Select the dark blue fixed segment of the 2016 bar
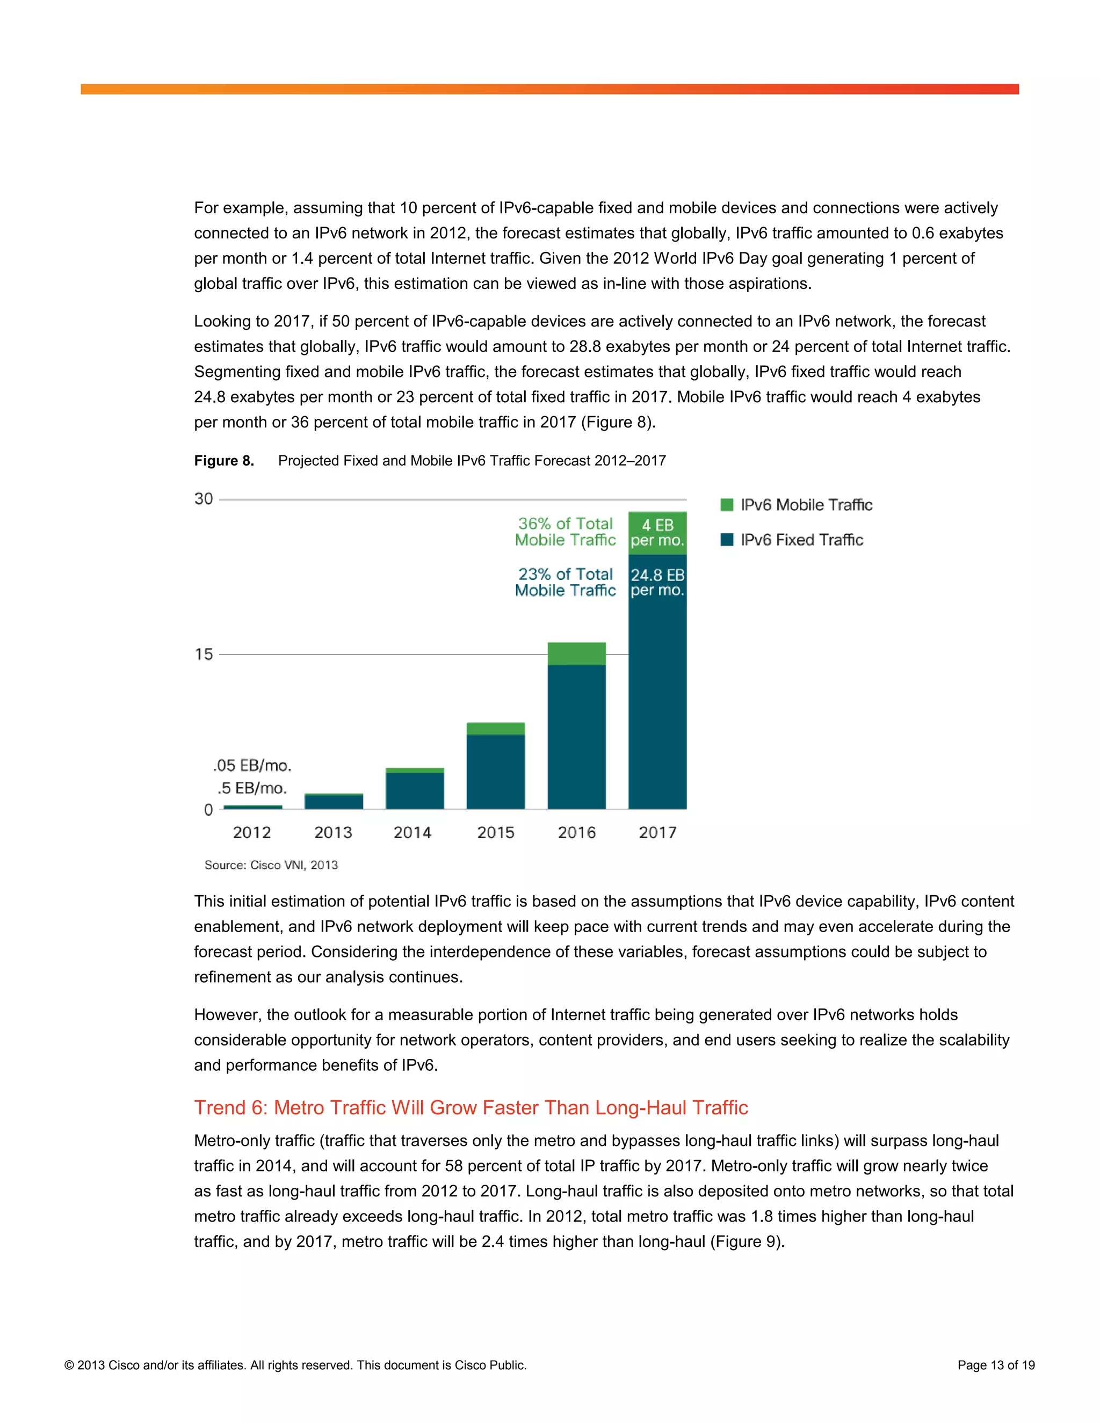click(x=576, y=736)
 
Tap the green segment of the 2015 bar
click(x=495, y=729)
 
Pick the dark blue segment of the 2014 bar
click(x=415, y=790)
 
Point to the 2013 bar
click(x=334, y=801)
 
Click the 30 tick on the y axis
click(x=204, y=499)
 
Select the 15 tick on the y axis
click(x=204, y=654)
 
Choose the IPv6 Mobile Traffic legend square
click(x=727, y=504)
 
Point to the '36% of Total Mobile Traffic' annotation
click(x=565, y=532)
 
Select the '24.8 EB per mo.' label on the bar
click(x=657, y=583)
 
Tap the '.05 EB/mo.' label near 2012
click(x=252, y=765)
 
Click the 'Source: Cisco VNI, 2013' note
click(x=271, y=865)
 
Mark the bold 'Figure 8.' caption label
click(x=223, y=461)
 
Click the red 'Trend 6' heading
click(x=471, y=1107)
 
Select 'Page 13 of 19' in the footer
click(x=995, y=1365)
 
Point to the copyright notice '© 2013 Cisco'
click(x=295, y=1365)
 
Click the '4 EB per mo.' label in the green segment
click(x=657, y=533)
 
